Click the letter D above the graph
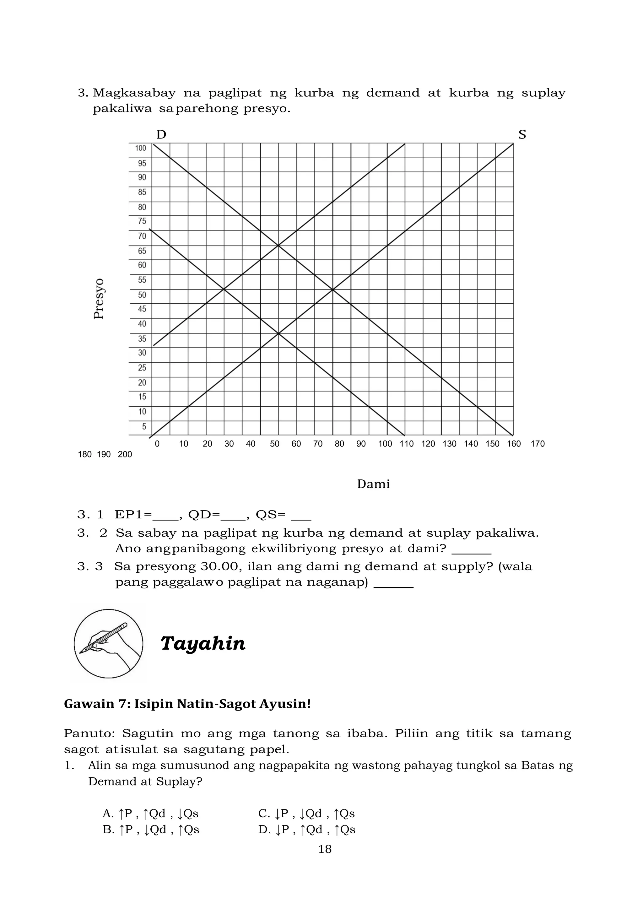[x=161, y=135]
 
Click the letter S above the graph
[x=522, y=135]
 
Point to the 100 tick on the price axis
[x=141, y=148]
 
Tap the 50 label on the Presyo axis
[x=142, y=295]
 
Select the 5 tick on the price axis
[x=144, y=426]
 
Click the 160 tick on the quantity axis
[x=514, y=444]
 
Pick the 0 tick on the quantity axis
[x=157, y=444]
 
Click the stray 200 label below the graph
[x=125, y=455]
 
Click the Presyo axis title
[x=99, y=299]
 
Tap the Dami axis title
[x=373, y=484]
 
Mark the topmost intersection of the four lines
[x=278, y=246]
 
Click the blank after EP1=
[x=165, y=516]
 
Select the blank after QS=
[x=301, y=516]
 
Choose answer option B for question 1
[x=150, y=830]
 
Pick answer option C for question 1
[x=306, y=814]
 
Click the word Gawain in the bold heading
[x=85, y=704]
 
